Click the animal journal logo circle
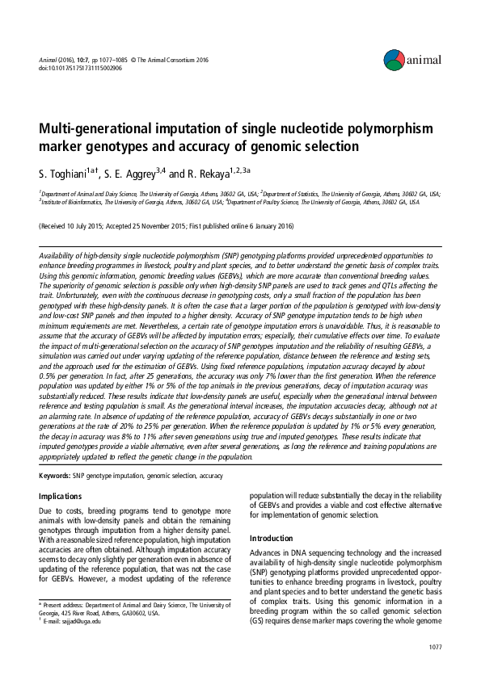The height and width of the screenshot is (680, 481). coord(394,58)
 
